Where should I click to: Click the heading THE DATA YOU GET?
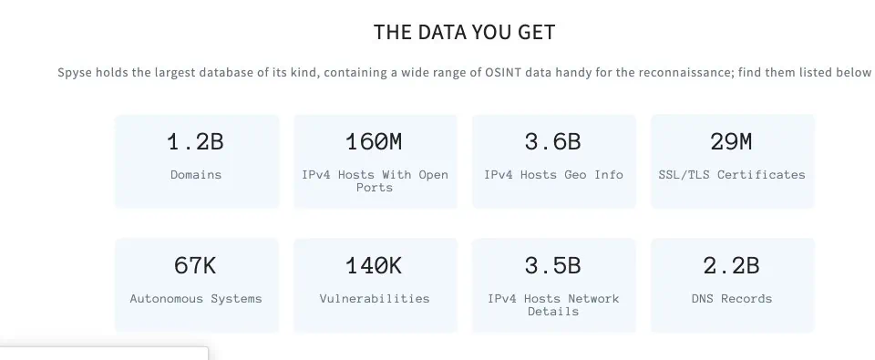click(x=464, y=32)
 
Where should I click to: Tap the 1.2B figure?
click(x=196, y=142)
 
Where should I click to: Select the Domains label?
click(x=196, y=175)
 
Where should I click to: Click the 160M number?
click(x=374, y=142)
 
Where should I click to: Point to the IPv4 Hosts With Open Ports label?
click(x=375, y=180)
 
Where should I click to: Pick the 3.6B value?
click(x=553, y=142)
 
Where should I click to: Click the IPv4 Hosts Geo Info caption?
click(x=553, y=175)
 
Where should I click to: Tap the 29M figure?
click(x=731, y=142)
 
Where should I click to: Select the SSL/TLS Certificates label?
click(x=732, y=175)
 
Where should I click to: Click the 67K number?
click(x=195, y=266)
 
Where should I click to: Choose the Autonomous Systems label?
click(x=196, y=299)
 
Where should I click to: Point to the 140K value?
click(x=374, y=266)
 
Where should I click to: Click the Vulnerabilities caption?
click(x=375, y=299)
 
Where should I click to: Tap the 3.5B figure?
click(x=553, y=266)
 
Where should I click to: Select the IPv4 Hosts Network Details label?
click(x=553, y=304)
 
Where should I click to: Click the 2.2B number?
click(x=732, y=266)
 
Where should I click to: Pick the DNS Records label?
click(x=732, y=299)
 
